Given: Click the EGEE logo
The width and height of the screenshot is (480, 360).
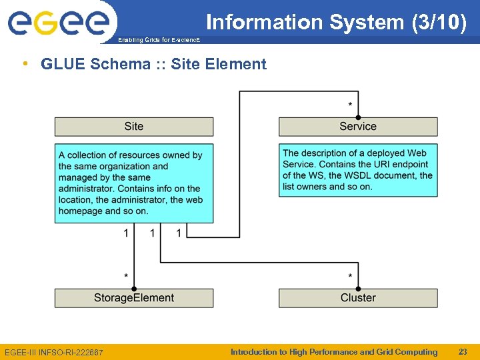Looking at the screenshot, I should point(58,22).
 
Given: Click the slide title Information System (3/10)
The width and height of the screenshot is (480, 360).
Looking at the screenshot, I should point(336,22).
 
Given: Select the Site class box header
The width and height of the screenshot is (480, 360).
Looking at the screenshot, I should point(134,127).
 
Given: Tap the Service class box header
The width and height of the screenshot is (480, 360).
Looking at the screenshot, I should point(358,127).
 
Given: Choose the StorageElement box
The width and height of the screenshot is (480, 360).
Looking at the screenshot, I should point(134,298).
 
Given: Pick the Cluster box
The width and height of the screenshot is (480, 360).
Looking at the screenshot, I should point(358,298).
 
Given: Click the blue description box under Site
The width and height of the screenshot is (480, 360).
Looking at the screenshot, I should point(134,183).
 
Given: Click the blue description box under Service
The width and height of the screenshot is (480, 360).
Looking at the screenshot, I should point(358,170).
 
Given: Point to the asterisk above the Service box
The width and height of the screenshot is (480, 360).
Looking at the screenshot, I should point(351,105).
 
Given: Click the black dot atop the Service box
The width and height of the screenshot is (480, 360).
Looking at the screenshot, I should point(358,117).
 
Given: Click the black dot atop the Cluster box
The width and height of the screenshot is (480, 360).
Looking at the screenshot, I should point(358,289).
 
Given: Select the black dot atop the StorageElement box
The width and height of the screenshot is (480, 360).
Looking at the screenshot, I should point(134,289).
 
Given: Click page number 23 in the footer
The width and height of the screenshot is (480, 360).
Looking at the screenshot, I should point(463,352).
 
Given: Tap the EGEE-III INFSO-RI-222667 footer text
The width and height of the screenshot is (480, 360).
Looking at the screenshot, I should point(54,352).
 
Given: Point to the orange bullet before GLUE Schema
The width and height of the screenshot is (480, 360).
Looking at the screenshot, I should point(25,63).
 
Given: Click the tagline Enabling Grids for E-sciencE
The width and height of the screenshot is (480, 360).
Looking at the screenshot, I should point(158,40).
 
